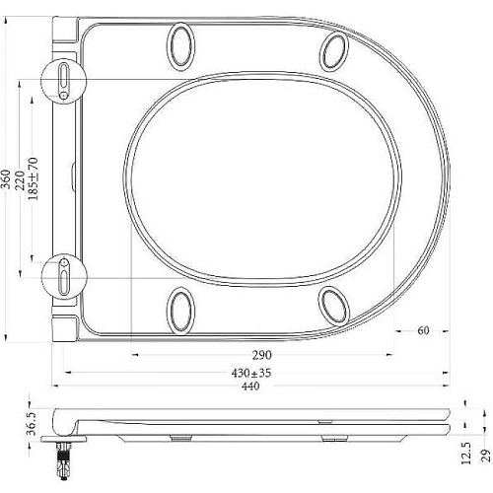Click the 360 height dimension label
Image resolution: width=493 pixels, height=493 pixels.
[x=6, y=179]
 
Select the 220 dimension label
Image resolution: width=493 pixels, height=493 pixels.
[x=20, y=179]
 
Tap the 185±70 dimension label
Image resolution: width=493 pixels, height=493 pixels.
[x=34, y=178]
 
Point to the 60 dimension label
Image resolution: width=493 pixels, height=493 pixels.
[x=423, y=330]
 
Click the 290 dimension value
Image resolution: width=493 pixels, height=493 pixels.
[x=262, y=355]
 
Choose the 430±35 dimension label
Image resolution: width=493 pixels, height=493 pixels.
[x=251, y=373]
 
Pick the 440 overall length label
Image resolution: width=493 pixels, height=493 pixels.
[x=250, y=386]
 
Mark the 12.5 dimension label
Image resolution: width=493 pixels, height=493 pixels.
[x=466, y=453]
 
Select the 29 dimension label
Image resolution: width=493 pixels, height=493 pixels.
[x=487, y=456]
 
